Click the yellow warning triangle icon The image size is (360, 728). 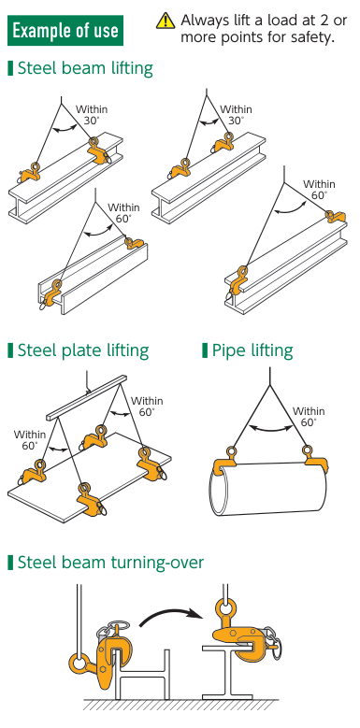point(165,21)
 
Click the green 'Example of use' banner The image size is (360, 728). point(65,31)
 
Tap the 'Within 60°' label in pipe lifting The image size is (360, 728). point(309,417)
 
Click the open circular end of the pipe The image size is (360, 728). point(217,492)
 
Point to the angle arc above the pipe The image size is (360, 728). point(271,430)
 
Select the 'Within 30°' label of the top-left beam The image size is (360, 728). point(92,115)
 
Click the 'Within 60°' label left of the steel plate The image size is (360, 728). point(30,440)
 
